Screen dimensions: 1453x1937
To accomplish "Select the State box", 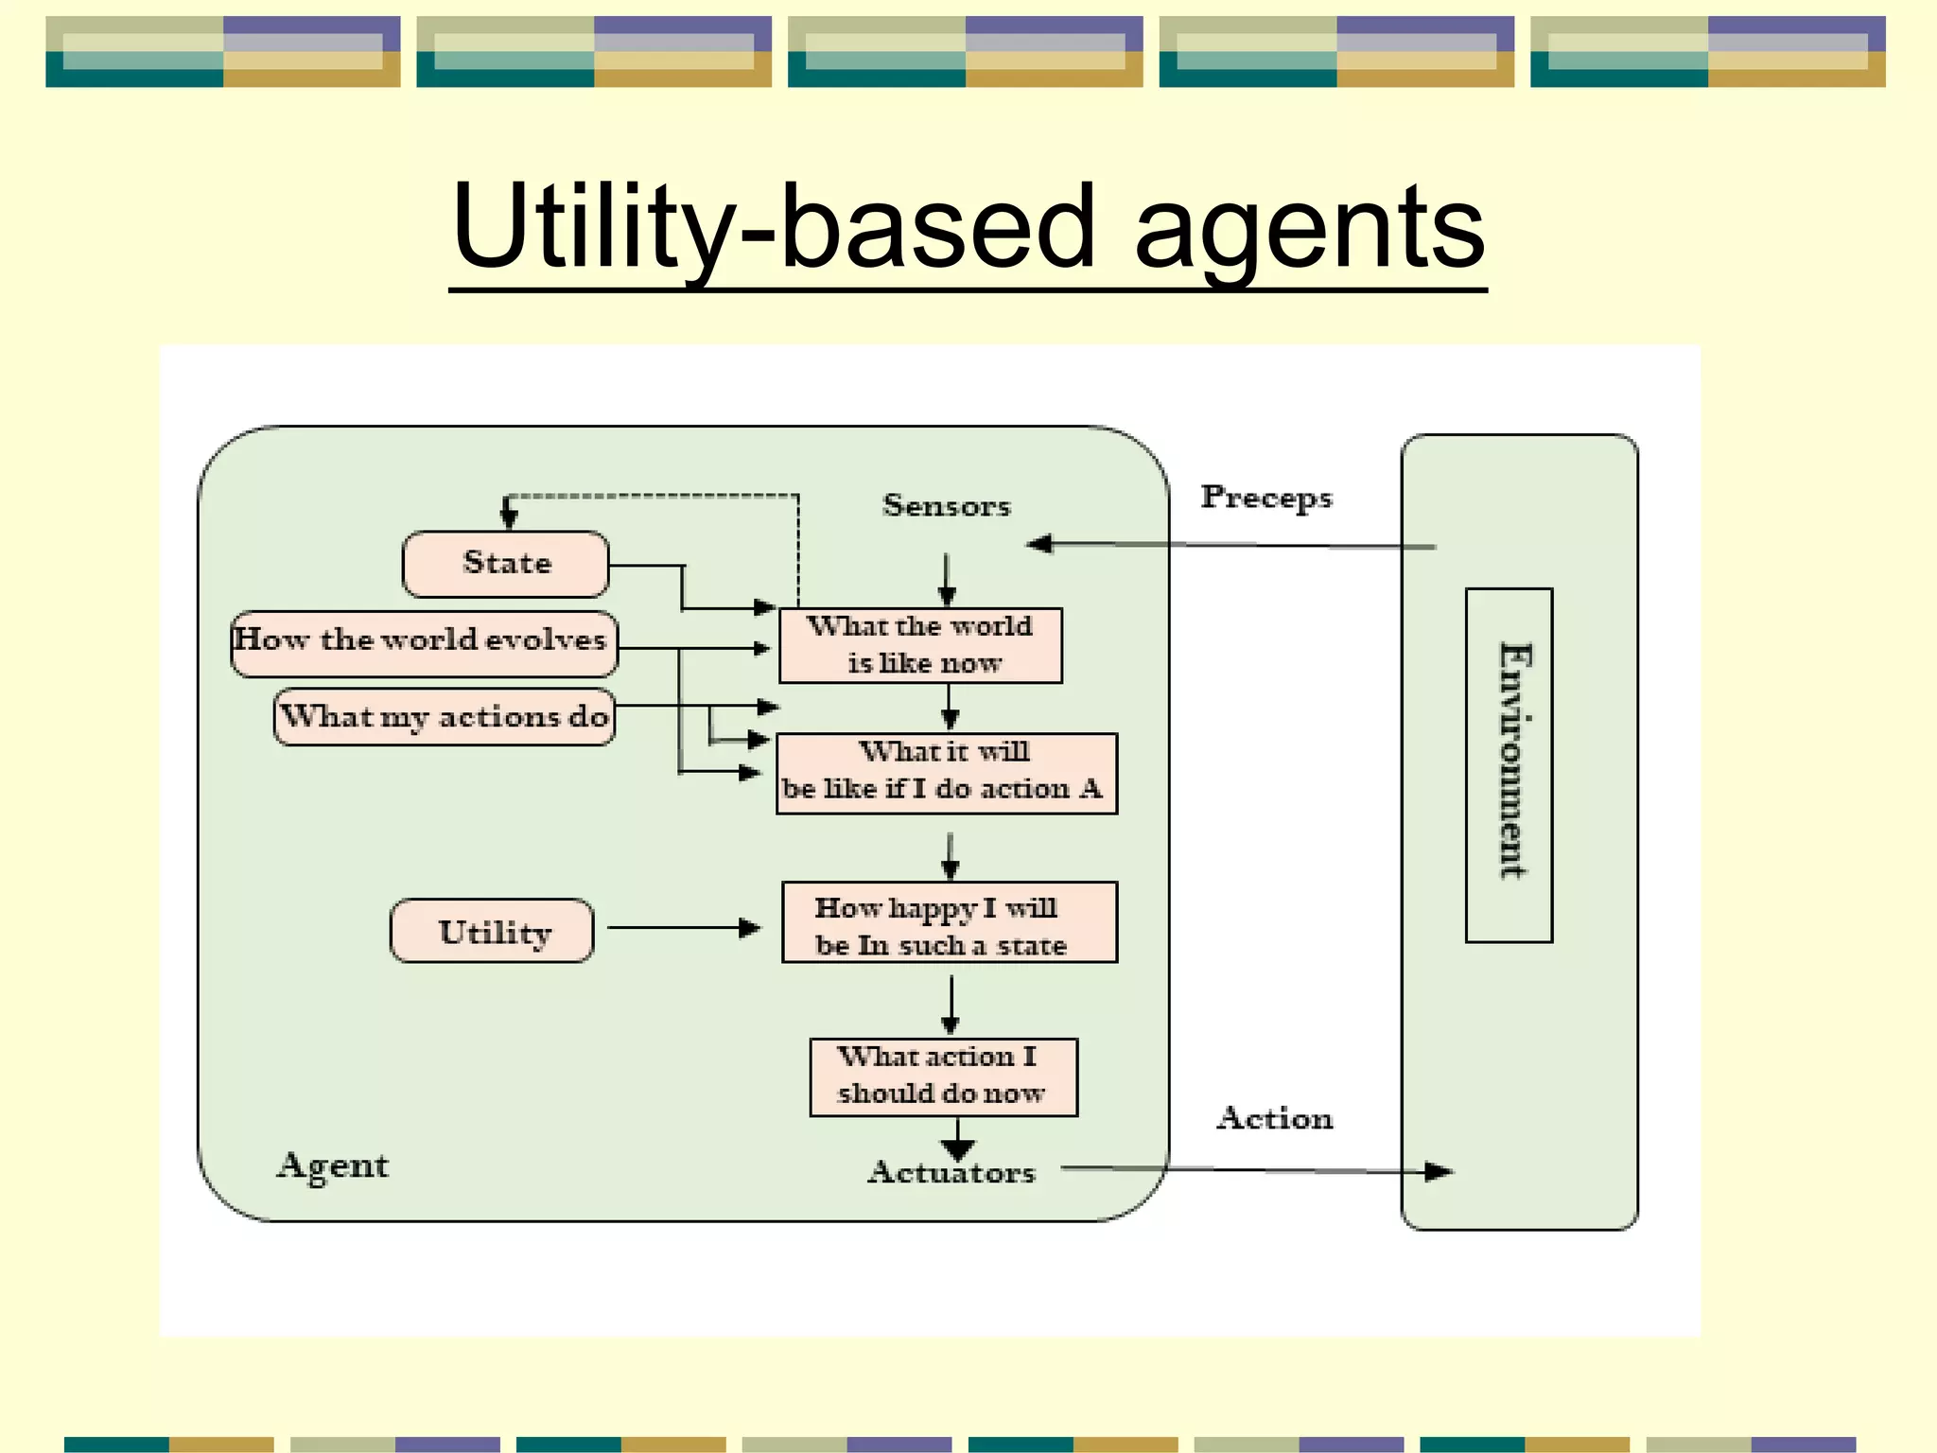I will pos(506,564).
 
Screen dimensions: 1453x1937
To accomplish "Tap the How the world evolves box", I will pos(424,643).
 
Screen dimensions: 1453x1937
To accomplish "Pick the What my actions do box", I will pos(445,717).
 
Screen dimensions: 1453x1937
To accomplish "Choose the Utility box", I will pos(493,931).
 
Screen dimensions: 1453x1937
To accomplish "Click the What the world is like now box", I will pos(920,645).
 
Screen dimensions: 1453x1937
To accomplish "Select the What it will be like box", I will pos(946,772).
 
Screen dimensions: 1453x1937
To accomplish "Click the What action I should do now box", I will pos(943,1077).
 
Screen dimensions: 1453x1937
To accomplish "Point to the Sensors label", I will pos(946,505).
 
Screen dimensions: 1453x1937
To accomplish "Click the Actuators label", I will pos(951,1173).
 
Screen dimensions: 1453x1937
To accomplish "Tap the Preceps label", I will pos(1265,498).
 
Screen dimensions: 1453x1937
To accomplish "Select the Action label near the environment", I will pos(1274,1118).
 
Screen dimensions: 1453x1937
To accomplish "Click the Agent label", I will pos(332,1165).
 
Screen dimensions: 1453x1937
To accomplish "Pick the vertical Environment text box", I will pos(1509,764).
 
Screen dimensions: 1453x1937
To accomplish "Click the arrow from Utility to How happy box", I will pos(683,928).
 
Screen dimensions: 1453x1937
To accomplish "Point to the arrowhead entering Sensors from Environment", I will pos(1040,544).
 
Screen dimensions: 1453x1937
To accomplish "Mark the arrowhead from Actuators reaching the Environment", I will pos(1438,1172).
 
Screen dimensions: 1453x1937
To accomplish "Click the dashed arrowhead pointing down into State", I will pos(509,515).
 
